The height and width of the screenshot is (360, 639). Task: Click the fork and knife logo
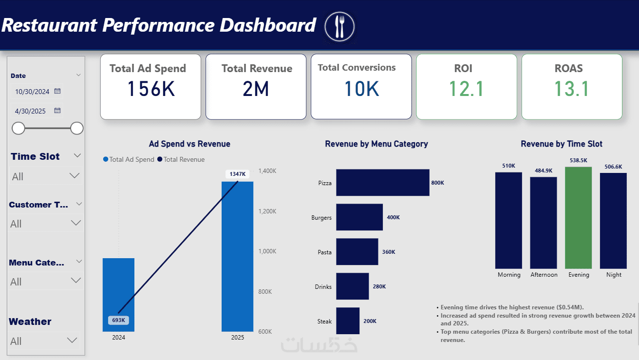coord(340,26)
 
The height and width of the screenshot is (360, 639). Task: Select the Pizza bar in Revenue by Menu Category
coord(382,183)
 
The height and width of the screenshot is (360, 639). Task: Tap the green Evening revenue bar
coord(578,218)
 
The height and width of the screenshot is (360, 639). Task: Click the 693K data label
coord(118,320)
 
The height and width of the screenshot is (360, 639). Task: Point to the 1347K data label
coord(238,174)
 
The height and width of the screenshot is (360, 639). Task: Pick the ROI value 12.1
coord(466,89)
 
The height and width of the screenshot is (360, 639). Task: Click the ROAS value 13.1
coord(572,89)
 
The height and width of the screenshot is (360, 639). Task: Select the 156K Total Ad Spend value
coord(150,89)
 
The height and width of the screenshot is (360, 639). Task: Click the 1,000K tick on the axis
coord(267,251)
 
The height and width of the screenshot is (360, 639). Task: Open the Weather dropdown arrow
coord(72,340)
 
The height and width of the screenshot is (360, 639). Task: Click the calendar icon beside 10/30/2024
coord(57,91)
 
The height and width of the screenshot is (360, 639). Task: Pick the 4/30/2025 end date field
coord(31,111)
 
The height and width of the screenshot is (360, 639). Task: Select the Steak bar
coord(348,321)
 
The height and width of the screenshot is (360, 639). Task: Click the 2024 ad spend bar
coord(118,287)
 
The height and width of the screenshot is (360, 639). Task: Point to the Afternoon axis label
coord(544,275)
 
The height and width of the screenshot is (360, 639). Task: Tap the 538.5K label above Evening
coord(578,160)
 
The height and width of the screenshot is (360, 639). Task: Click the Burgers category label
coord(321,217)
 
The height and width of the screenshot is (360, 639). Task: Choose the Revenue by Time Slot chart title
coord(562,144)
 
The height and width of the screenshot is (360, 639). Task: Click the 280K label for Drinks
coord(379,286)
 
